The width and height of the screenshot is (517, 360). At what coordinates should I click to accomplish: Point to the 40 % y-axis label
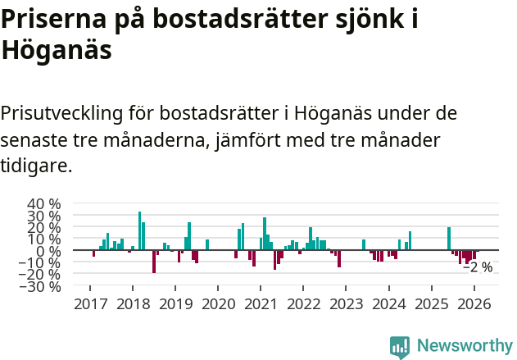[44, 203]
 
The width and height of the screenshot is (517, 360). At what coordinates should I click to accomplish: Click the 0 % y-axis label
[50, 251]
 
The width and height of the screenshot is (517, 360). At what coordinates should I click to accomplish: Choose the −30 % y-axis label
[41, 287]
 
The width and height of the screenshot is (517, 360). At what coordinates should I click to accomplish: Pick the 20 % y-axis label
[44, 227]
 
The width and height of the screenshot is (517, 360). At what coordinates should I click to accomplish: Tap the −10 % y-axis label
[41, 263]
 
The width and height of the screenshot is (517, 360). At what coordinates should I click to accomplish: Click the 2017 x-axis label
[89, 304]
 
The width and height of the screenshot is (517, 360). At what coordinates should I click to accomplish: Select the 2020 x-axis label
[217, 304]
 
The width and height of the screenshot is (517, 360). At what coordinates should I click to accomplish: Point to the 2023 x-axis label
[345, 304]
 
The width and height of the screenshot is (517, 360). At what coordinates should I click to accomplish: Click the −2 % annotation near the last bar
[478, 267]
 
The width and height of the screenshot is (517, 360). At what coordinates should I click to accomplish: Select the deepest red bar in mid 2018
[154, 262]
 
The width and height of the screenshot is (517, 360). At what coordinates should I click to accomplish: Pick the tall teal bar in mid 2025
[449, 239]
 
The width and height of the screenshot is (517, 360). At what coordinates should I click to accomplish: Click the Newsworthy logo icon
[400, 346]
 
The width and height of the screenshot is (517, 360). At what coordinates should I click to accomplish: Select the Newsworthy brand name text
[465, 346]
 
